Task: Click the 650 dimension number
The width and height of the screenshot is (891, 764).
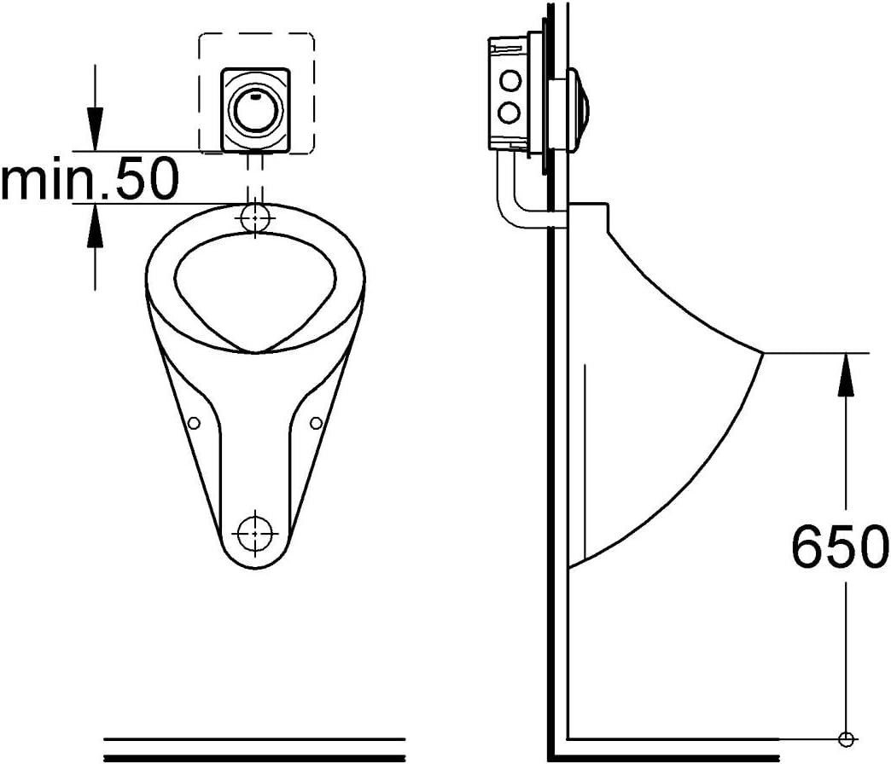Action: (x=839, y=547)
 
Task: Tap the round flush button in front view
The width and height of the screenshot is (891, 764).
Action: (x=255, y=110)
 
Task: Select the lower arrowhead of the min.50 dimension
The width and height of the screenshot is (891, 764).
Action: (x=95, y=225)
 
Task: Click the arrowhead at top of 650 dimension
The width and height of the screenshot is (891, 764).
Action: (x=846, y=374)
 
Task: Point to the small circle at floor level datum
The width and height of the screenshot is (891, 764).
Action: (x=846, y=738)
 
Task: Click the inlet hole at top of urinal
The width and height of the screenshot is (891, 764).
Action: (x=255, y=217)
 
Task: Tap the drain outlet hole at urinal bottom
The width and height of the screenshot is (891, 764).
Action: (x=255, y=534)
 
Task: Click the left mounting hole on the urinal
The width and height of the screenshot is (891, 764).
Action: (x=194, y=423)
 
